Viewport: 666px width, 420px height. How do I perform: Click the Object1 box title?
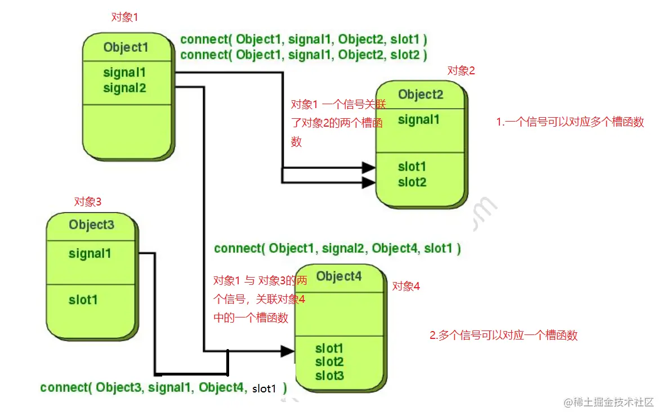[126, 47]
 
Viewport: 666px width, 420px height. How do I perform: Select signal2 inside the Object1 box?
[124, 88]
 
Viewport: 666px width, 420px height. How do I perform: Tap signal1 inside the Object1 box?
[124, 73]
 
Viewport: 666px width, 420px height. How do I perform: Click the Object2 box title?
[421, 94]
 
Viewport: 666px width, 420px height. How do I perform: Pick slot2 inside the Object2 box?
[412, 182]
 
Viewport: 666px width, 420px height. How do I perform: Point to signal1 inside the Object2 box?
[419, 119]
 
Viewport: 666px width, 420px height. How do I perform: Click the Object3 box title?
[91, 225]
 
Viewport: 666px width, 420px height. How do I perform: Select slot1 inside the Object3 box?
[83, 300]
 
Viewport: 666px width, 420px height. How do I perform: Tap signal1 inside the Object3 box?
[90, 253]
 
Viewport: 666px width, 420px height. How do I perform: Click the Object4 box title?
[338, 276]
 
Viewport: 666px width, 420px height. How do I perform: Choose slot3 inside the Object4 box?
[329, 376]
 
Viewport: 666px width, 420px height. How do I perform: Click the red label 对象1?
[124, 17]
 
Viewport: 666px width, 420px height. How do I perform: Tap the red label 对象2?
[461, 70]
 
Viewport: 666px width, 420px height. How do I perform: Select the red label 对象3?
[88, 201]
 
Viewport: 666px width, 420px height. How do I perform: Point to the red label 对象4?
[406, 286]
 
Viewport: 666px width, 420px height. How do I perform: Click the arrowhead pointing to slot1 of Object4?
[287, 351]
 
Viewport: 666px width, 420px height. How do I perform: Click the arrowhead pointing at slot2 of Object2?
[369, 182]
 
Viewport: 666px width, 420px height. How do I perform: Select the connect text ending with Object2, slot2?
[303, 55]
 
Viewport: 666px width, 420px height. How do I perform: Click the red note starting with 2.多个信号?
[503, 336]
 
